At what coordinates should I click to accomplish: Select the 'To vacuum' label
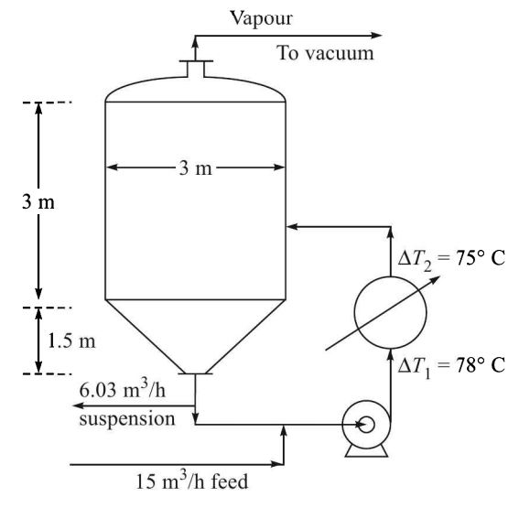click(325, 53)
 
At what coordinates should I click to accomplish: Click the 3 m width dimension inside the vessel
click(196, 168)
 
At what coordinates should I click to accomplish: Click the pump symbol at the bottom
click(365, 425)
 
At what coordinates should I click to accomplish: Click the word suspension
click(125, 419)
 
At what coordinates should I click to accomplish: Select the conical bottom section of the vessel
click(197, 333)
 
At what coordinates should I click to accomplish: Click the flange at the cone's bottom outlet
click(197, 373)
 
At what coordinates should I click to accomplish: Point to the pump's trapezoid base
click(365, 450)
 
